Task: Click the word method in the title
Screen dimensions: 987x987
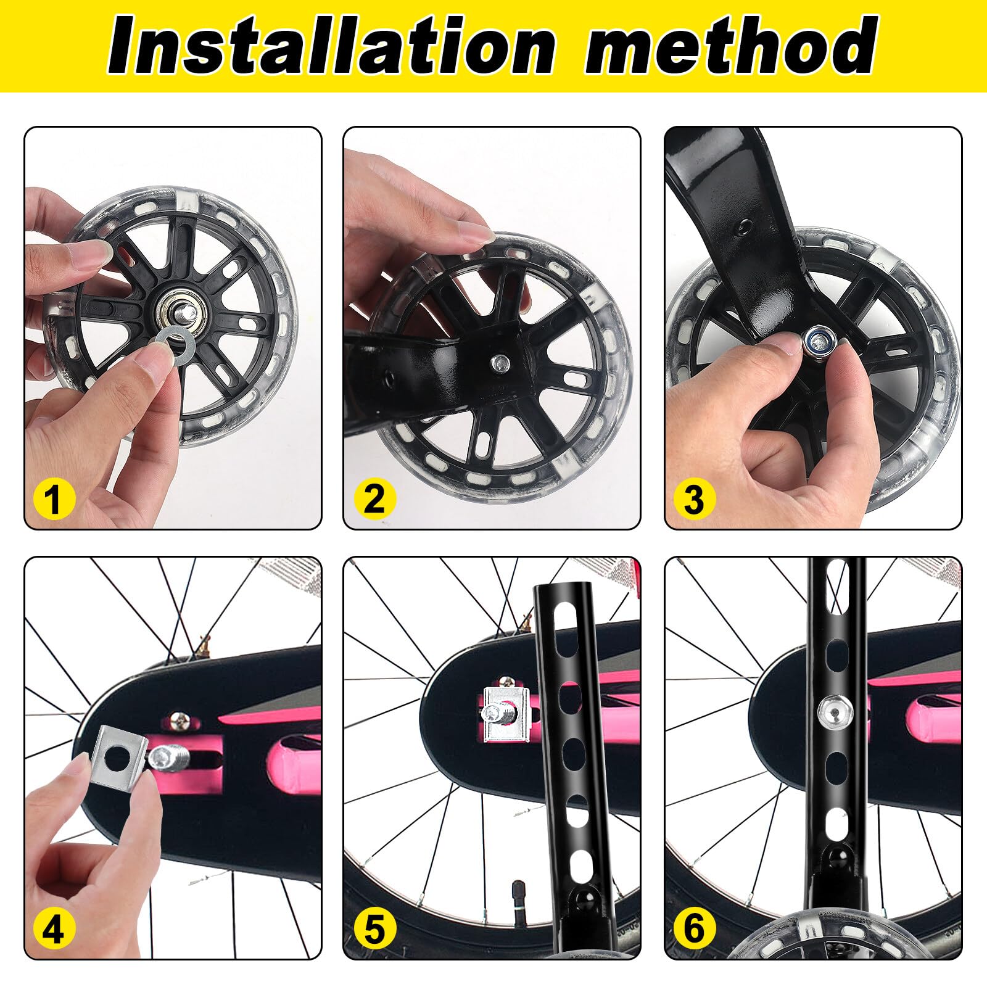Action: click(x=731, y=46)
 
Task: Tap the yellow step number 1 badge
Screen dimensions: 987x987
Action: click(x=54, y=498)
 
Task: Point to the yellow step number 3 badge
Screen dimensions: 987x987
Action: click(x=694, y=498)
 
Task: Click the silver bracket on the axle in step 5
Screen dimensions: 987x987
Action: click(x=503, y=716)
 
